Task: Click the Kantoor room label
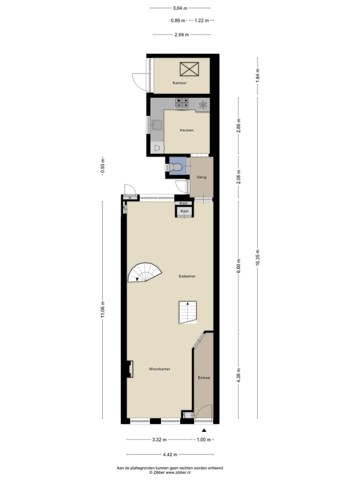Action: tap(179, 83)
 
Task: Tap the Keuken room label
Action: tap(186, 130)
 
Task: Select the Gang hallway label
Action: tap(201, 177)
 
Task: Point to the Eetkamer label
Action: tap(187, 276)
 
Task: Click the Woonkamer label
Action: tap(159, 369)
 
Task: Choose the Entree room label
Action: tap(203, 377)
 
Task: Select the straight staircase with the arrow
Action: tap(188, 312)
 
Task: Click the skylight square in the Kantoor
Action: tap(189, 69)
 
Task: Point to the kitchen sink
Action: tap(157, 125)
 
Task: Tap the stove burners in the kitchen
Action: tap(182, 103)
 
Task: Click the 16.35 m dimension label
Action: tap(257, 251)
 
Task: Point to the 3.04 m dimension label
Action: tap(179, 8)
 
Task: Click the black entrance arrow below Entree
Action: tap(203, 430)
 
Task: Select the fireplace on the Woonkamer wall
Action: tap(130, 368)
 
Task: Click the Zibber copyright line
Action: tap(170, 471)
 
